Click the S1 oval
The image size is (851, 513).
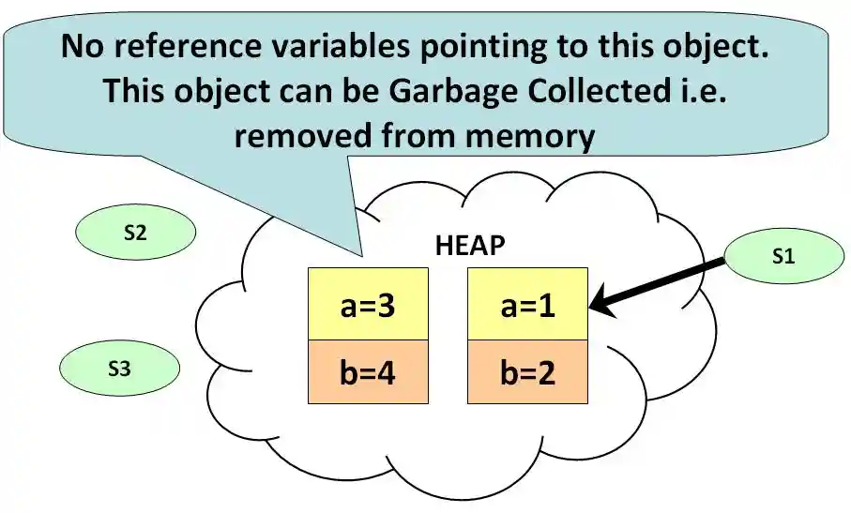784,256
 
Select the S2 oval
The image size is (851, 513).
135,233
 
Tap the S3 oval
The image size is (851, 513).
118,368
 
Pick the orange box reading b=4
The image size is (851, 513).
368,372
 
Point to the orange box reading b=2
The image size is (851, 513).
527,372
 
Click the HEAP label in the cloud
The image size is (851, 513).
471,246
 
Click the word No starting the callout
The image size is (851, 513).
87,47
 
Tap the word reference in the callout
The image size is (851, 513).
201,47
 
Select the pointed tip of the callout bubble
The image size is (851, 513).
361,255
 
